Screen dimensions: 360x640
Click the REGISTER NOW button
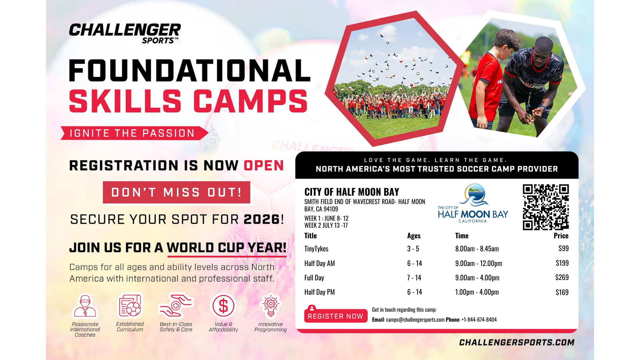click(336, 316)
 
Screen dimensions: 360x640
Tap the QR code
click(546, 207)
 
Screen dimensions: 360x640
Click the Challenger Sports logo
click(125, 33)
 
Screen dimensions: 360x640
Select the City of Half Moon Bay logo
click(473, 203)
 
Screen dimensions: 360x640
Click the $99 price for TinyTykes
click(563, 248)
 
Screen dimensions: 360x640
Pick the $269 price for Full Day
click(562, 277)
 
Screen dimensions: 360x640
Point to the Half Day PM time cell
click(477, 292)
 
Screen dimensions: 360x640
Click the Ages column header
click(414, 236)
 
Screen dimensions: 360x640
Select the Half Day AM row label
click(319, 263)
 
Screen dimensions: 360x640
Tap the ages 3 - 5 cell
click(413, 249)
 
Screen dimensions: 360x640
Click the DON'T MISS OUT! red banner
click(176, 192)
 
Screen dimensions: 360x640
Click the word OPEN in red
click(264, 166)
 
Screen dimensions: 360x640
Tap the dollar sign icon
click(223, 306)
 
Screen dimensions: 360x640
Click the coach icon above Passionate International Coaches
click(85, 306)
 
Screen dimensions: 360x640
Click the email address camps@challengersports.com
click(415, 320)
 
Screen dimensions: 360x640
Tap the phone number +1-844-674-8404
click(479, 320)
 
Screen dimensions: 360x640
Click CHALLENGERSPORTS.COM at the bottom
click(517, 342)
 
